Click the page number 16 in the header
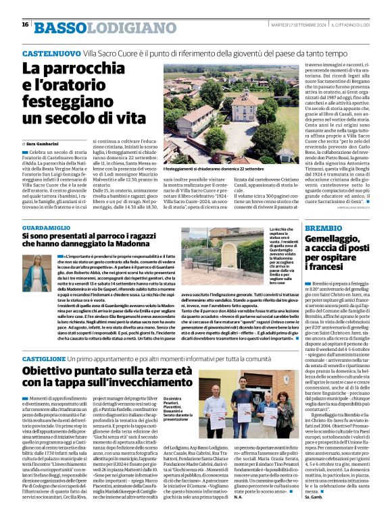click(x=25, y=24)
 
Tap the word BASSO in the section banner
click(x=61, y=28)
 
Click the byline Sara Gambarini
click(x=45, y=144)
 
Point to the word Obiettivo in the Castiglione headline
click(x=55, y=372)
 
